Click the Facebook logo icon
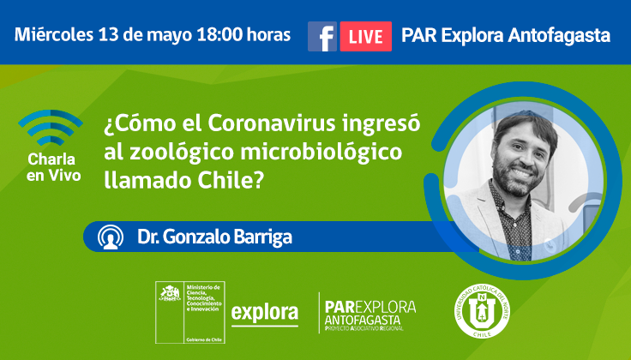coord(322,36)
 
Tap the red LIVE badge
coord(365,36)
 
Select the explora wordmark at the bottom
coord(265,311)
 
